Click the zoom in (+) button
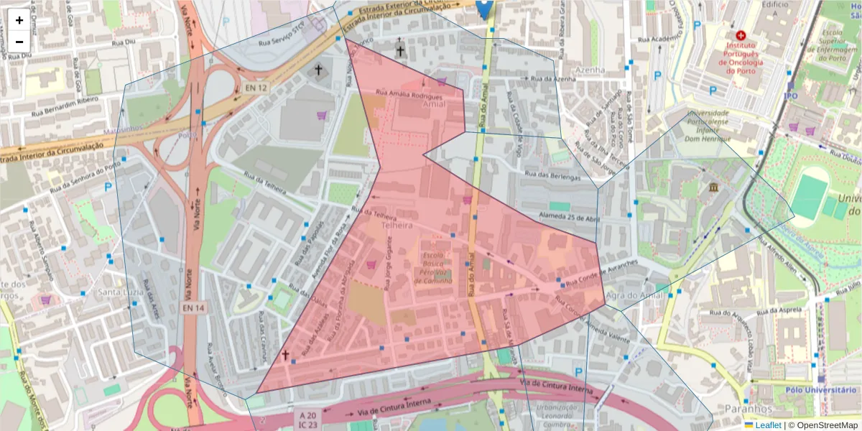(19, 20)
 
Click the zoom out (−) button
(19, 42)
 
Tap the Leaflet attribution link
(767, 425)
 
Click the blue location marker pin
(485, 9)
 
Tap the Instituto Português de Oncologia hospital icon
(741, 34)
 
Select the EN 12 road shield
(255, 88)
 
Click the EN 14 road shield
(193, 308)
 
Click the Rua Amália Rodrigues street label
(409, 94)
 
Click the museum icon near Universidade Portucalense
(713, 187)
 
